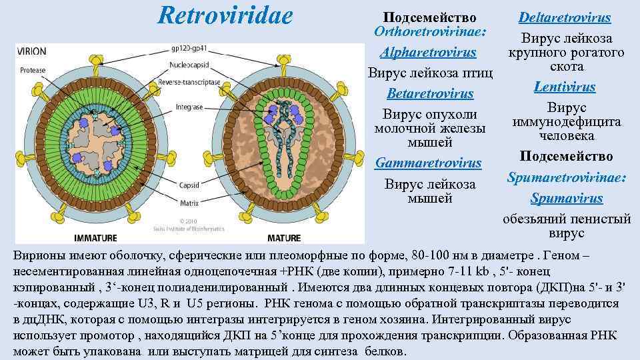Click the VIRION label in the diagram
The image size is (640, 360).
(31, 51)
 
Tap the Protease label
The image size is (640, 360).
(33, 69)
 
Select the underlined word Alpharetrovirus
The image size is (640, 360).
(428, 52)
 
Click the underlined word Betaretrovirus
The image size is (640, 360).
(430, 93)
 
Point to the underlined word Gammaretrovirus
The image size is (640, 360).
(429, 163)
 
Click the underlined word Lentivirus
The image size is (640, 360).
(564, 87)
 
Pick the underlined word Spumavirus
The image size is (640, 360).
(566, 198)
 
